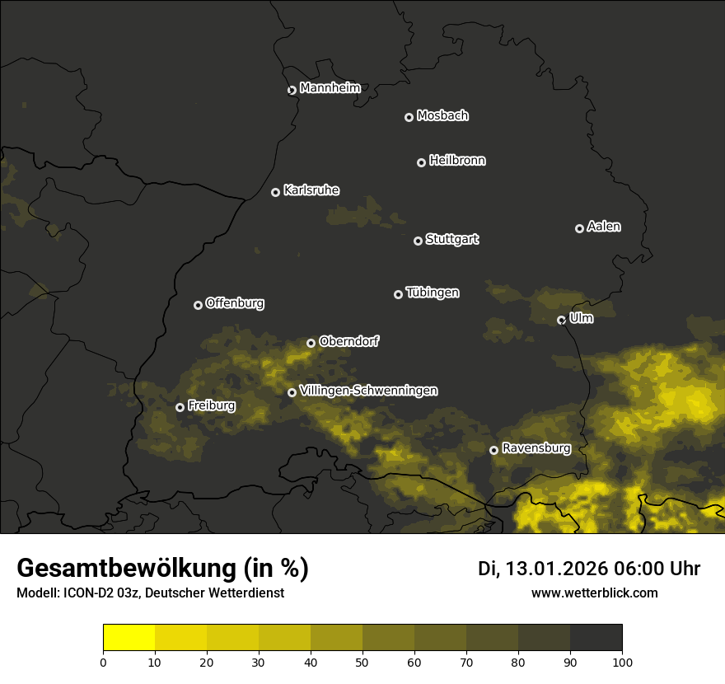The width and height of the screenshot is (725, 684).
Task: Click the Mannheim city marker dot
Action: point(292,91)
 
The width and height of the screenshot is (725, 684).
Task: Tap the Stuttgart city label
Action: point(452,240)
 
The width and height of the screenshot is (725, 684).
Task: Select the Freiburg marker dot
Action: point(180,407)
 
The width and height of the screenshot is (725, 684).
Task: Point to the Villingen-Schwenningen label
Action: point(369,391)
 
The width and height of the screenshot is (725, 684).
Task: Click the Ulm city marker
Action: point(561,320)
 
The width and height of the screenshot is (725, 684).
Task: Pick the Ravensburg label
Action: point(536,448)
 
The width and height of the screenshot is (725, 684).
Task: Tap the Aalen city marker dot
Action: point(579,228)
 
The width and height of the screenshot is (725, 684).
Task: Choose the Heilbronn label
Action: point(457,161)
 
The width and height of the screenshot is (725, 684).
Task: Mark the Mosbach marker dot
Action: point(409,118)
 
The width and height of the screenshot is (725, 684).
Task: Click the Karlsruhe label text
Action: point(311,190)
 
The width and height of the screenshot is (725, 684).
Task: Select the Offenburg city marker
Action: point(198,305)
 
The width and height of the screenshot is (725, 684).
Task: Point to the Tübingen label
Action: point(433,293)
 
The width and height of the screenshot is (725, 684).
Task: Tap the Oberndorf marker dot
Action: point(311,343)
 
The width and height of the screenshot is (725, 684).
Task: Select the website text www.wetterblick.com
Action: point(595,593)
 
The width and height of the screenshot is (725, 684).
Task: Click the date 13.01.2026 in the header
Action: point(557,569)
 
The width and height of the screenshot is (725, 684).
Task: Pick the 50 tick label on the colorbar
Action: point(362,662)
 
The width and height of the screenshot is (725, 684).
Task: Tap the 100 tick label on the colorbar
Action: point(622,662)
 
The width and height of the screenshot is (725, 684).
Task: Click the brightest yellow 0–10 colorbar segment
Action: point(129,638)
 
